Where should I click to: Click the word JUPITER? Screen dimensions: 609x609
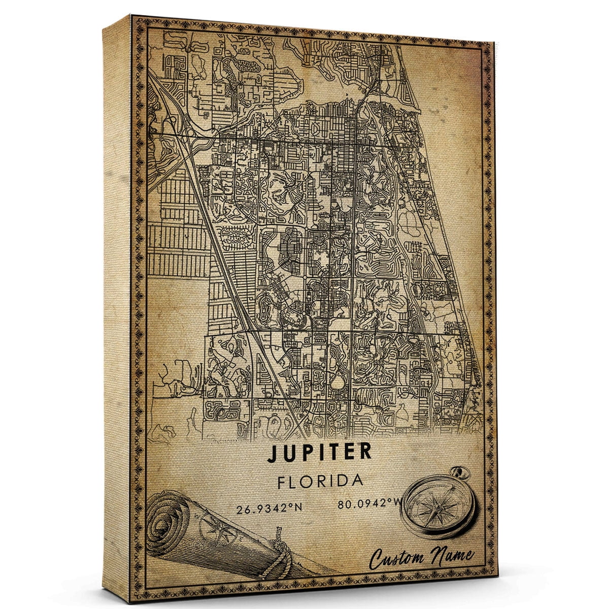[319, 453]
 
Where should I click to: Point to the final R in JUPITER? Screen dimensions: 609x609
[364, 453]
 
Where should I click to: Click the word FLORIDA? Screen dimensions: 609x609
[320, 481]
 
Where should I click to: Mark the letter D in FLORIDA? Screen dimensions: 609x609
[343, 481]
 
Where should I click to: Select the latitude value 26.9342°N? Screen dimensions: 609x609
[269, 509]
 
